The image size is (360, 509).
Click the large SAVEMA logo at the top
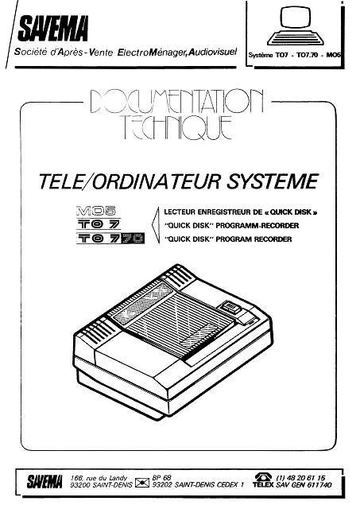pyautogui.click(x=53, y=29)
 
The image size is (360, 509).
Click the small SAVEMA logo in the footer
pyautogui.click(x=45, y=482)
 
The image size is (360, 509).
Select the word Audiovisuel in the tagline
pyautogui.click(x=213, y=52)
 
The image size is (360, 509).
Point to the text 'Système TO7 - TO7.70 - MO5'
pyautogui.click(x=295, y=55)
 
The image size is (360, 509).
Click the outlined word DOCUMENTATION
pyautogui.click(x=176, y=101)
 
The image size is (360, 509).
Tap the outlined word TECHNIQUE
pyautogui.click(x=177, y=127)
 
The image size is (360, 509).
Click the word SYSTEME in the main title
pyautogui.click(x=273, y=181)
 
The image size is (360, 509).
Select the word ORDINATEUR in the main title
pyautogui.click(x=157, y=181)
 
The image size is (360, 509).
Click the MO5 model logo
pyautogui.click(x=96, y=212)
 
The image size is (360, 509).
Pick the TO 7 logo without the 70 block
pyautogui.click(x=99, y=224)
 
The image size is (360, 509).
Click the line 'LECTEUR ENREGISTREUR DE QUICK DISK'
pyautogui.click(x=240, y=212)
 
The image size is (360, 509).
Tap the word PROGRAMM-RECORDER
pyautogui.click(x=257, y=226)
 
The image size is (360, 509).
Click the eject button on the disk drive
pyautogui.click(x=230, y=307)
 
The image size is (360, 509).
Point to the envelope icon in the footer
pyautogui.click(x=142, y=484)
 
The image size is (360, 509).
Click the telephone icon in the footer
pyautogui.click(x=263, y=477)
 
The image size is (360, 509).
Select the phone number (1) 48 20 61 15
pyautogui.click(x=300, y=478)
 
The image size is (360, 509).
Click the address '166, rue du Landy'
pyautogui.click(x=99, y=478)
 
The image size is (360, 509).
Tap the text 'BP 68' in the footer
pyautogui.click(x=161, y=478)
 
